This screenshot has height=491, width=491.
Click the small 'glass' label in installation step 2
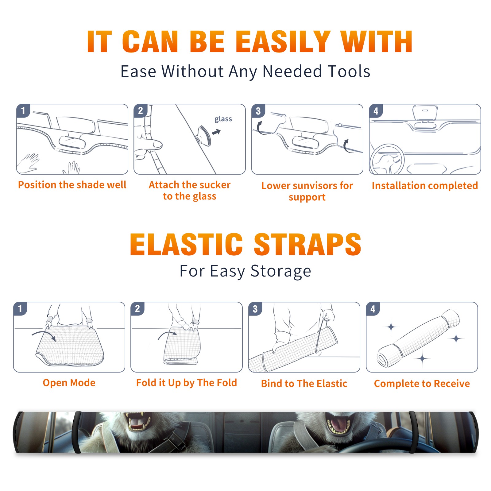coord(223,119)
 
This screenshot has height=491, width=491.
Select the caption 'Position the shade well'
coord(72,185)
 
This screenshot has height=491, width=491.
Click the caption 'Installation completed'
coord(425,185)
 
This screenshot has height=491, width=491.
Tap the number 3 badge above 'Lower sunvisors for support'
coord(258,111)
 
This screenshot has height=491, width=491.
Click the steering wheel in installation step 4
coord(387,159)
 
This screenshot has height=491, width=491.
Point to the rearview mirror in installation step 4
coord(425,113)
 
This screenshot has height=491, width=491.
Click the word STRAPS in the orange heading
coord(307,244)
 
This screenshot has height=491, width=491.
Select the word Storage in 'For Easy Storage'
coord(281,271)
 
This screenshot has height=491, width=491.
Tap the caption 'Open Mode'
coord(69,383)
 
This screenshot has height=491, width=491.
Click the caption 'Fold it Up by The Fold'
coord(187,383)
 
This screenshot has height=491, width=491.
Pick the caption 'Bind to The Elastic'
coord(304,383)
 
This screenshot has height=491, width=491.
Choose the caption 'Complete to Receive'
coord(422,383)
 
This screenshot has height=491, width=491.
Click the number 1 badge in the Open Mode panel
coord(20,308)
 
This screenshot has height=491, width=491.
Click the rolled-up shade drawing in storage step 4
coord(418,338)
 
